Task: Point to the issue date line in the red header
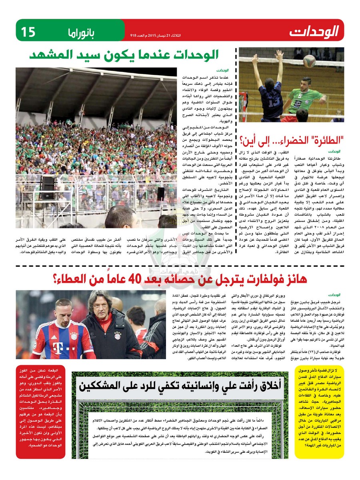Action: point(155,35)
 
